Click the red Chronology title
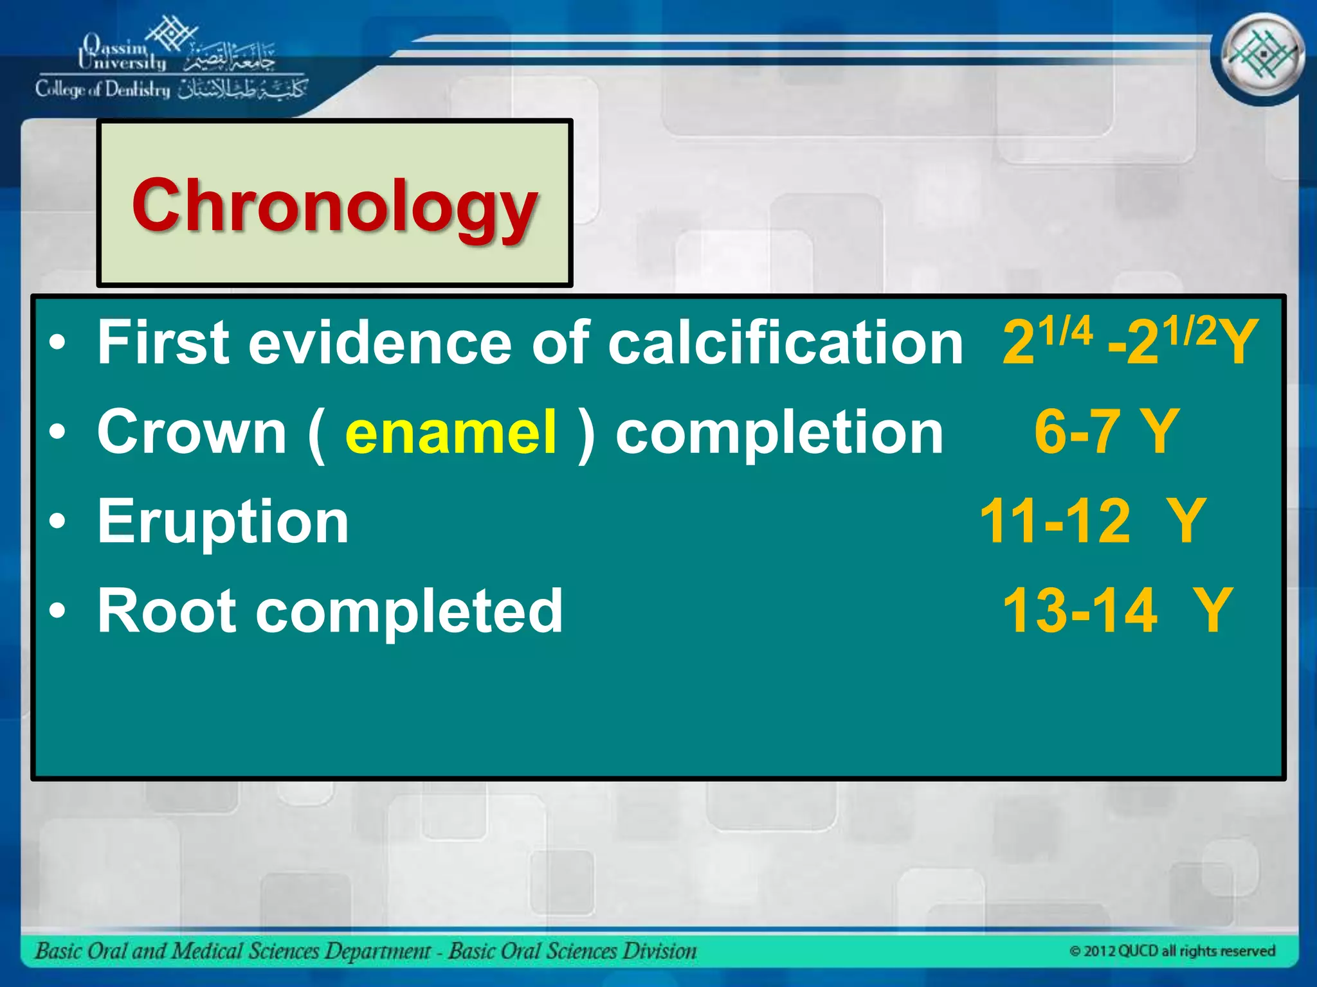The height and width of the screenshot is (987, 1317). (x=334, y=206)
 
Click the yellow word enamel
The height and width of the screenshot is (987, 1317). (x=450, y=432)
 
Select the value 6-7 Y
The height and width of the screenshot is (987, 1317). (x=1106, y=432)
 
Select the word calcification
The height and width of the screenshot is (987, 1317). (x=785, y=342)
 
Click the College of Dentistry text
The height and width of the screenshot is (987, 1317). (x=103, y=89)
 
